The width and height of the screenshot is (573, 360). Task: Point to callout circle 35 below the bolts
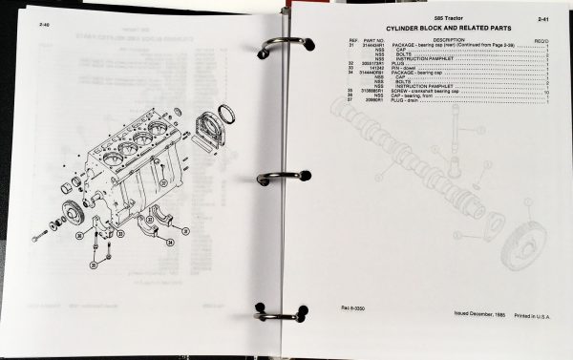[95, 257]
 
